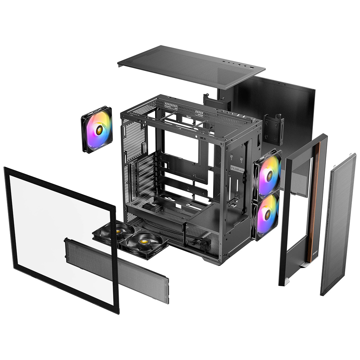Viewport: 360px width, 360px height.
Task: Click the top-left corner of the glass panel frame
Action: point(6,169)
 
